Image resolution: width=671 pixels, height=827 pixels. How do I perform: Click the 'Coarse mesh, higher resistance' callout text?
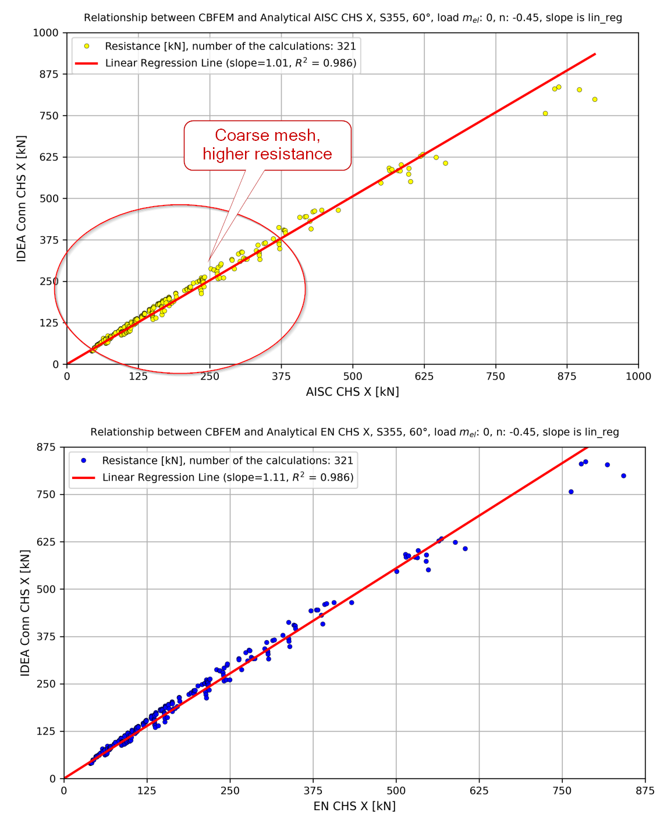point(267,144)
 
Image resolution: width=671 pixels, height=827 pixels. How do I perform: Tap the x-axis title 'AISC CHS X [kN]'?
point(352,392)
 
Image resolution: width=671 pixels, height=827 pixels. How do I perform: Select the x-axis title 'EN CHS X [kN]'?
point(354,806)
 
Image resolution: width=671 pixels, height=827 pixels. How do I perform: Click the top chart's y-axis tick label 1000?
point(46,33)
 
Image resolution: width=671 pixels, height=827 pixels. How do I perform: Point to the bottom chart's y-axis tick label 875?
point(46,448)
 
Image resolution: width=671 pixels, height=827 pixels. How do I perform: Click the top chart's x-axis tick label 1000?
point(638,377)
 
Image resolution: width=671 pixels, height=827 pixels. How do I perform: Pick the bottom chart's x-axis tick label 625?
point(479,791)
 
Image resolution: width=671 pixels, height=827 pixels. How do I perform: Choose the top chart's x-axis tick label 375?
point(281,377)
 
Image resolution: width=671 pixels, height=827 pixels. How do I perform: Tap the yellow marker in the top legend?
point(87,46)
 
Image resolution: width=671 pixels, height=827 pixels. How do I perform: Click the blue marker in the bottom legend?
point(84,460)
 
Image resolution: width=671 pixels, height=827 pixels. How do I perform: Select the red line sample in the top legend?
point(87,63)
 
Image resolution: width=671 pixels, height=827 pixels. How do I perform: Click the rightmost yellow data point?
point(595,100)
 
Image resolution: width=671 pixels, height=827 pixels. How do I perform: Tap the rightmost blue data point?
point(623,476)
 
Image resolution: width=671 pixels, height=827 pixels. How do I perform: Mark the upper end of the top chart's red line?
point(595,54)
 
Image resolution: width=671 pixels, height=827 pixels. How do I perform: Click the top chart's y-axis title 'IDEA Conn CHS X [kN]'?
point(22,199)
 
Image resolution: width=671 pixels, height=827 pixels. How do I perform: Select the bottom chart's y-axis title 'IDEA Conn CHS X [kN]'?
point(25,613)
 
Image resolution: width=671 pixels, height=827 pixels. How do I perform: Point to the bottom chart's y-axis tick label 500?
point(46,590)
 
